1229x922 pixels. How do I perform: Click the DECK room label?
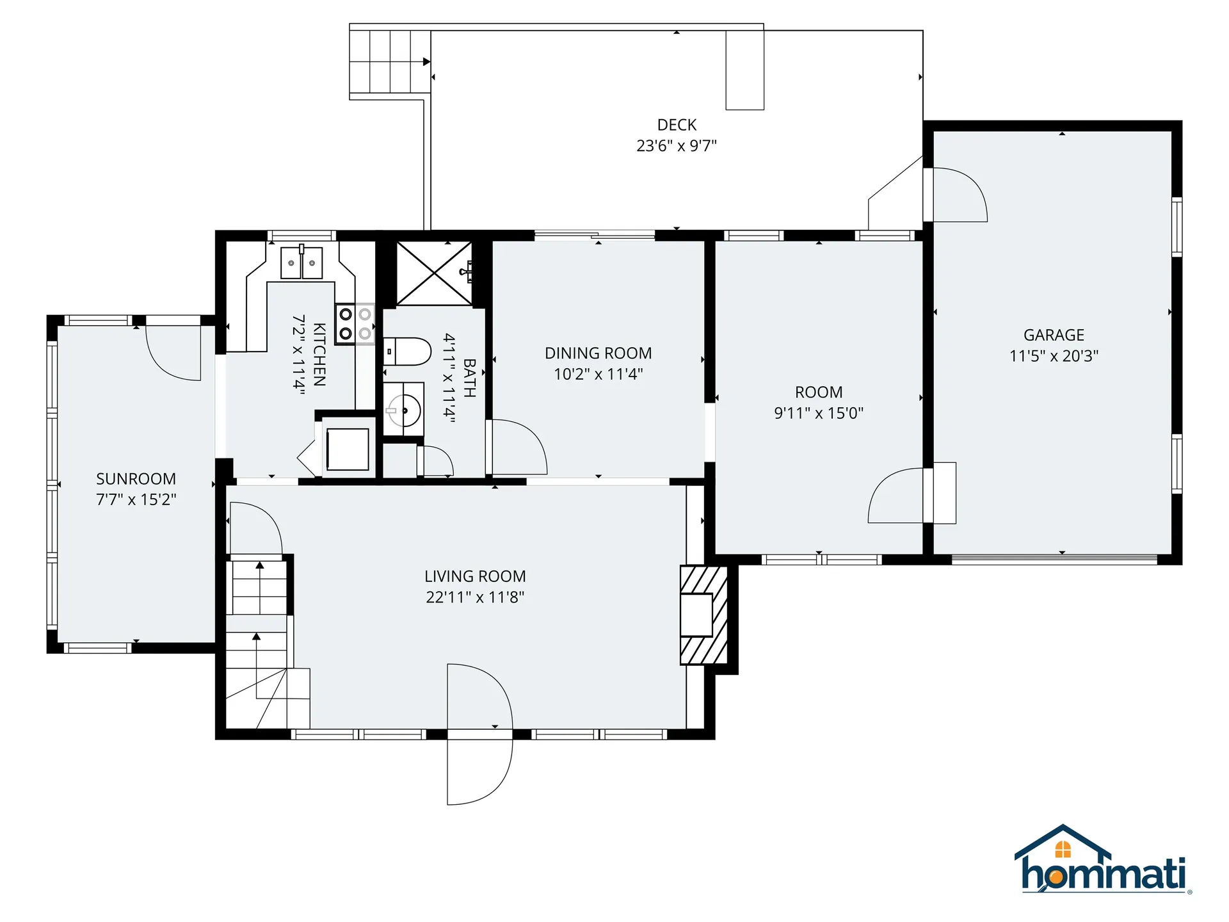(x=677, y=125)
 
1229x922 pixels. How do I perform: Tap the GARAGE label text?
(x=1054, y=335)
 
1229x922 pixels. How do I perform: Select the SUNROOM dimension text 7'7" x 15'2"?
(x=136, y=499)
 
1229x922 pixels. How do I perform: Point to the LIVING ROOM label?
(x=475, y=576)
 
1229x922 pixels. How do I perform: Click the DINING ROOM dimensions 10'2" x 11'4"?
(x=598, y=374)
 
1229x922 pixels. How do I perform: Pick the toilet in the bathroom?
(x=407, y=352)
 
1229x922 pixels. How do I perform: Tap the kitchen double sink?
(x=301, y=263)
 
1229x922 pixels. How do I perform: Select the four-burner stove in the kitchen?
(x=355, y=323)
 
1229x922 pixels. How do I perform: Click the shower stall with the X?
(x=434, y=273)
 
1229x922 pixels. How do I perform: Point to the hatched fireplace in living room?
(x=703, y=615)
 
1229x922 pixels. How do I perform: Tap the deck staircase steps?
(x=390, y=61)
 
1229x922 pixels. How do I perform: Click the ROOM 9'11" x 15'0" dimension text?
(x=819, y=413)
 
